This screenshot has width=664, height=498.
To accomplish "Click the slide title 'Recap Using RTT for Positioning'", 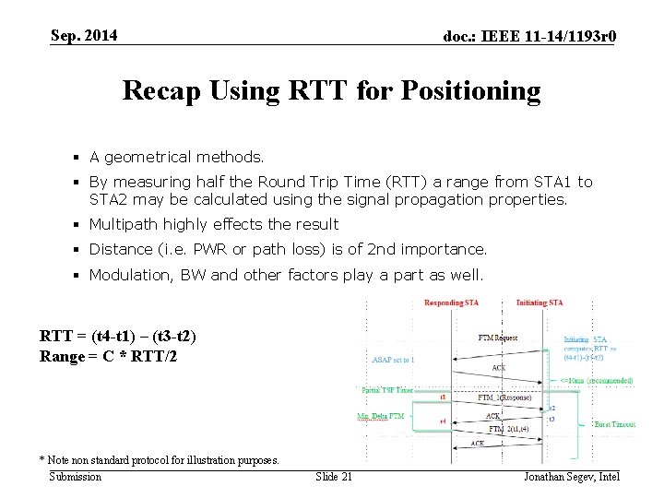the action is (331, 90).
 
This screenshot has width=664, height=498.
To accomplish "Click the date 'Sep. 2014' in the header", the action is (84, 36).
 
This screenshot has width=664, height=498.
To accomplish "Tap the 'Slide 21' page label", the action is (334, 476).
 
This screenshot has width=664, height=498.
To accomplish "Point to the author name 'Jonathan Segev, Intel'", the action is (572, 476).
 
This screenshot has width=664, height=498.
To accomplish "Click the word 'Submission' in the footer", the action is (76, 476).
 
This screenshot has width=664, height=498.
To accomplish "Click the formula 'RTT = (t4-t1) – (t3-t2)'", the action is (118, 337).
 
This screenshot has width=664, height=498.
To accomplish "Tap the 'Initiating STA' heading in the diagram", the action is (539, 303).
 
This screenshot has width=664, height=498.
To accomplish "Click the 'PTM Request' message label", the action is (498, 338).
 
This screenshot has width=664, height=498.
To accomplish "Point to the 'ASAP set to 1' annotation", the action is (392, 360).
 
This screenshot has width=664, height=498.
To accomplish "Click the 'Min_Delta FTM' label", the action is (380, 417).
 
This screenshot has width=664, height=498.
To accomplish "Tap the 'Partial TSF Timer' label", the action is (387, 390).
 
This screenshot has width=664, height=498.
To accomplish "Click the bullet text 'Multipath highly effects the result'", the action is (214, 224).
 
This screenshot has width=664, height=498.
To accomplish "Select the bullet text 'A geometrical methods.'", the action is (176, 158).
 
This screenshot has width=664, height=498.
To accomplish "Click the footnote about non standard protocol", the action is (159, 460).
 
